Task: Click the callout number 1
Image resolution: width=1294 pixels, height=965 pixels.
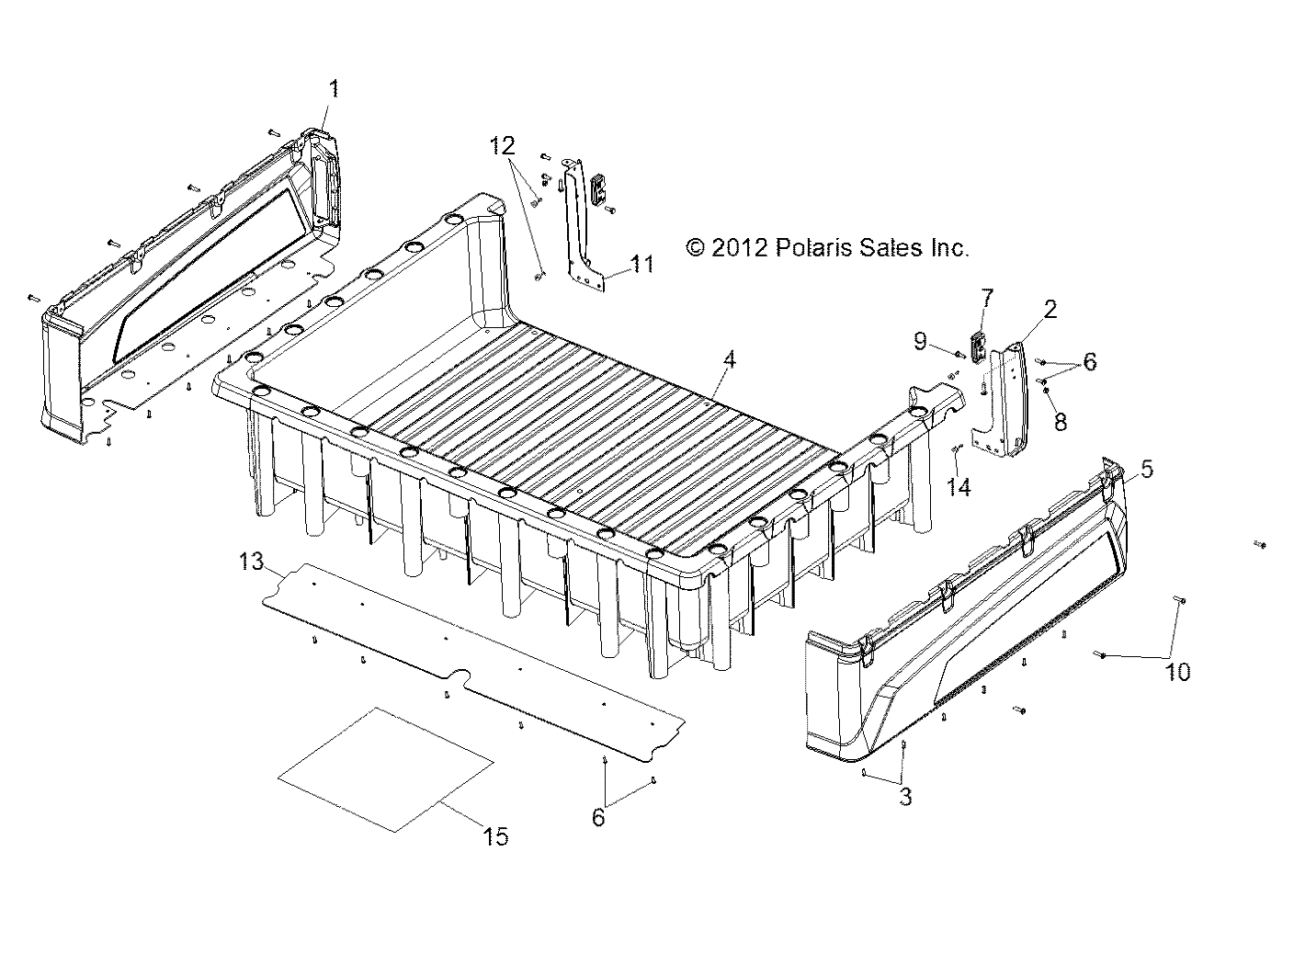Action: click(x=334, y=89)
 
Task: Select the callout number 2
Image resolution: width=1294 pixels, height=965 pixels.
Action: click(x=1050, y=309)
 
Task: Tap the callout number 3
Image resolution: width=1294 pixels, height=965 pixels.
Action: click(x=905, y=797)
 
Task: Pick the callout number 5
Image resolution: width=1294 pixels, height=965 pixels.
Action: click(x=1146, y=469)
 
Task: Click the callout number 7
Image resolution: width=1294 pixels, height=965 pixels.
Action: click(x=987, y=298)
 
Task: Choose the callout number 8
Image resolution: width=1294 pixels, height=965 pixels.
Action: click(x=1061, y=422)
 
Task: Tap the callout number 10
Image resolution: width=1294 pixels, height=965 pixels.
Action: click(x=1177, y=672)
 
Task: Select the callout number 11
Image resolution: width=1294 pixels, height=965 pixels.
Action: click(x=642, y=265)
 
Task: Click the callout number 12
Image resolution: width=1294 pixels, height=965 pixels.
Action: click(x=502, y=145)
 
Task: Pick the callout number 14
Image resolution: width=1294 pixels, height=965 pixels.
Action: click(x=959, y=487)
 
